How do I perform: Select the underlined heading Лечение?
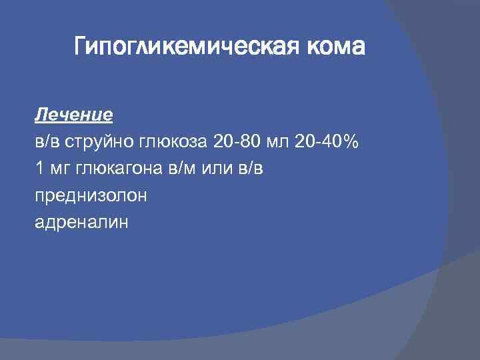tap(73, 115)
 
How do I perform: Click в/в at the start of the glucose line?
tap(47, 141)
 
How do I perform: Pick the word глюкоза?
tap(173, 142)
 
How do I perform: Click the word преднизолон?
tap(91, 196)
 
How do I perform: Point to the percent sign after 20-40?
tap(352, 141)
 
